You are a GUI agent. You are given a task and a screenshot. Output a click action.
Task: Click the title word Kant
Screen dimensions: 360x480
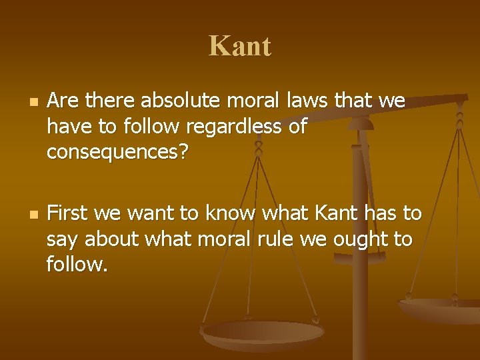click(x=240, y=47)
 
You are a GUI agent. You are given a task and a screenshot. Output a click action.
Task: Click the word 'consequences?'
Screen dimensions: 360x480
click(x=118, y=153)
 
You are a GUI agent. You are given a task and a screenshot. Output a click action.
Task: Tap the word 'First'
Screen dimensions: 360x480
click(x=69, y=213)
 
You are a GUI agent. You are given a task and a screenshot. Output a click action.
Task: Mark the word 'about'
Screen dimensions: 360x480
click(x=115, y=239)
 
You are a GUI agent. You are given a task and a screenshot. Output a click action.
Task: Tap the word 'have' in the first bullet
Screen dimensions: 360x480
click(x=70, y=127)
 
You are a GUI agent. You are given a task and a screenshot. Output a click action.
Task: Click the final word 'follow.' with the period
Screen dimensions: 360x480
click(x=77, y=265)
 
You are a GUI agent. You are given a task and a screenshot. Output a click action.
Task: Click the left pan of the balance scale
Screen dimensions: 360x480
click(x=261, y=332)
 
